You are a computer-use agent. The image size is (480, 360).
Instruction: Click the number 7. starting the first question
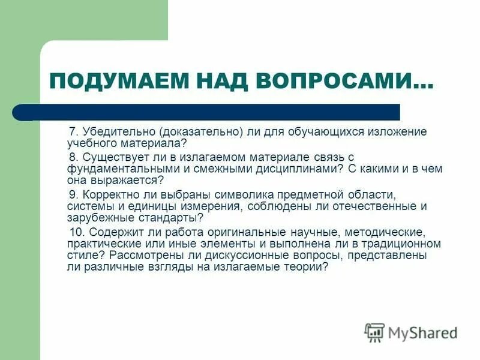pos(74,131)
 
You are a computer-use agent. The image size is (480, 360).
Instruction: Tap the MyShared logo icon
pos(374,332)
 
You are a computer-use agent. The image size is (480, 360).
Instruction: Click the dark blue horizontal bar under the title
pos(210,112)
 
